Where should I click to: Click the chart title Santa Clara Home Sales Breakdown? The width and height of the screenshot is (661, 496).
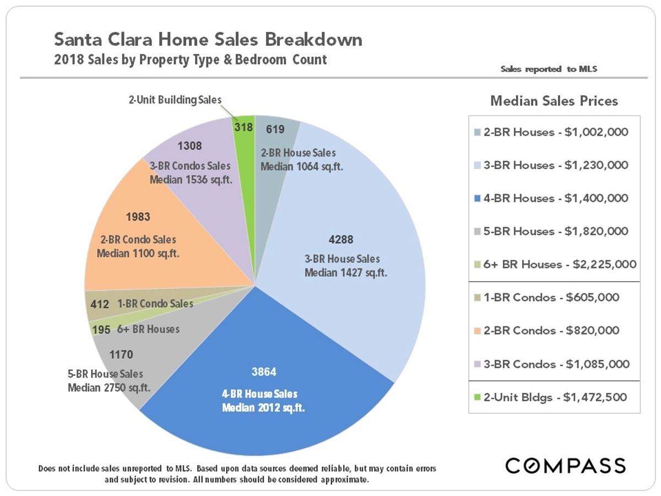click(208, 40)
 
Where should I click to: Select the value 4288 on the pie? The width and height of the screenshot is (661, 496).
click(342, 240)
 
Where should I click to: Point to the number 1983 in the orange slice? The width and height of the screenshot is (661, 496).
click(138, 217)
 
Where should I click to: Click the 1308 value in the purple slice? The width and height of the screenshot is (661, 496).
click(190, 146)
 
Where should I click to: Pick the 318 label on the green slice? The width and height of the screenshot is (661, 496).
click(243, 127)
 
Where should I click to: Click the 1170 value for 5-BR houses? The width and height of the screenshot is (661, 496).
click(121, 354)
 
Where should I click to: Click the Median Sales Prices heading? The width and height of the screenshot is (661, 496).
click(554, 101)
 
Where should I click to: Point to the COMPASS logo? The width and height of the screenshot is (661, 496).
click(566, 465)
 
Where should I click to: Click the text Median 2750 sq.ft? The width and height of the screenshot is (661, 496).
click(109, 387)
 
